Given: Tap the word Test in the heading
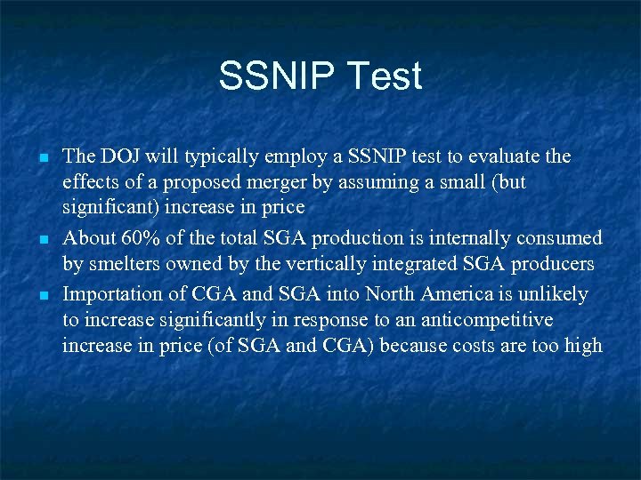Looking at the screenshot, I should coord(386,76).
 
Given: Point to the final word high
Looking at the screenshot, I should coord(582,345).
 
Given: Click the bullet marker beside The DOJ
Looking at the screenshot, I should coord(43,158).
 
